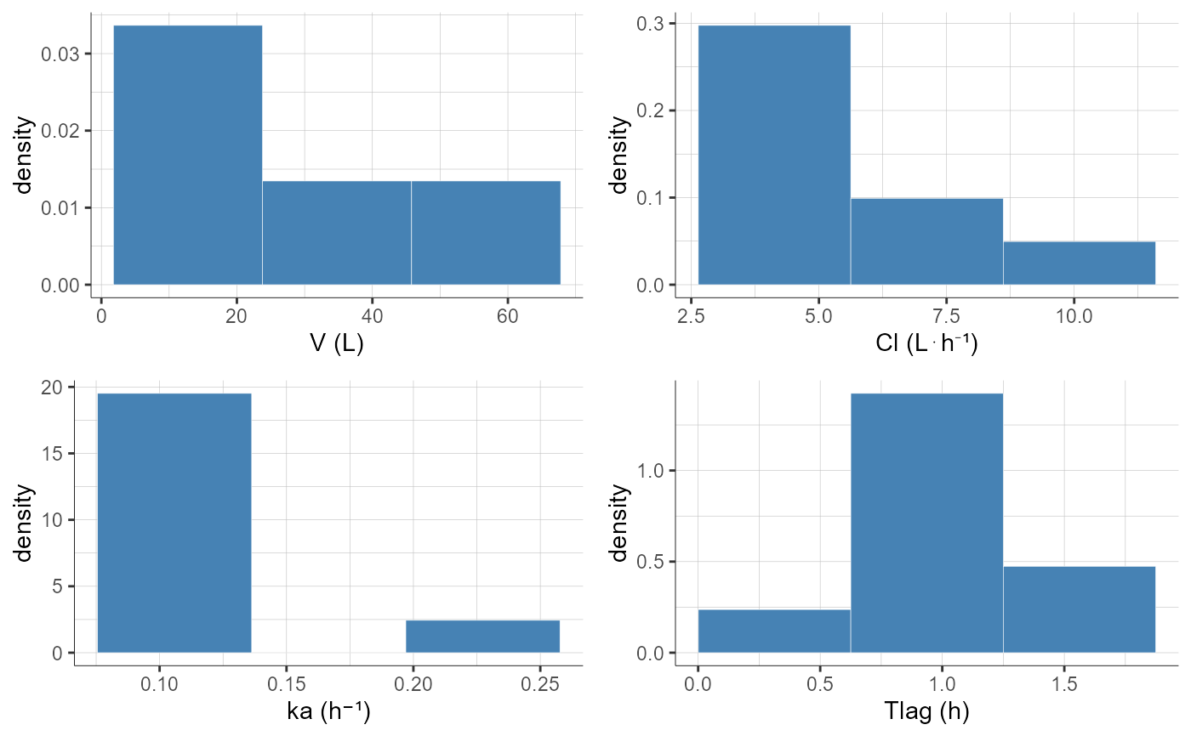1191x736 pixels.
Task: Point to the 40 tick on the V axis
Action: point(372,314)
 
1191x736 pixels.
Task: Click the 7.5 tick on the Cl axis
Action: point(946,314)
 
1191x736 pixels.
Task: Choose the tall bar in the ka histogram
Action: point(174,523)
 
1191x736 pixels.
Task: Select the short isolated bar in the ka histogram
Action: point(482,636)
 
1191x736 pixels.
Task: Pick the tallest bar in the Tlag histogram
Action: point(926,523)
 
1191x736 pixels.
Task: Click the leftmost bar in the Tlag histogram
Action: point(774,631)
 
